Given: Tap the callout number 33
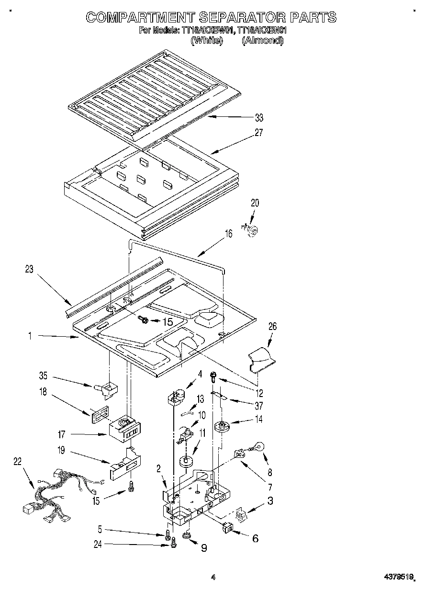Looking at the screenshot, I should pyautogui.click(x=259, y=118).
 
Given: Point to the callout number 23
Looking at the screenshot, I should pyautogui.click(x=30, y=269).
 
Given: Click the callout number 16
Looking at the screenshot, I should pyautogui.click(x=229, y=234).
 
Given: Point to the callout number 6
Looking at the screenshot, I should pyautogui.click(x=255, y=538).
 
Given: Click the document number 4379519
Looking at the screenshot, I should pyautogui.click(x=396, y=578).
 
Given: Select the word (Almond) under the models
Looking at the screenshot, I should pyautogui.click(x=262, y=41).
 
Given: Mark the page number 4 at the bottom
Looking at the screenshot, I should pyautogui.click(x=213, y=578).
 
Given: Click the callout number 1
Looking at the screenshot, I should pyautogui.click(x=30, y=337).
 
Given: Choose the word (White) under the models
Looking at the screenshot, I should pyautogui.click(x=207, y=41).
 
